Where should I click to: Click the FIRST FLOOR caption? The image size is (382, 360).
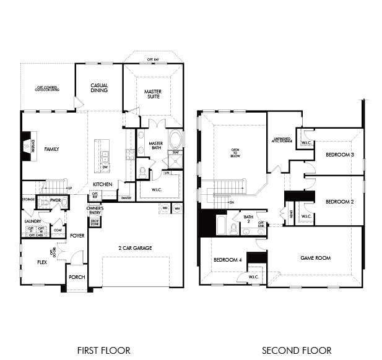103,350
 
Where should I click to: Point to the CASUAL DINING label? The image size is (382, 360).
99,88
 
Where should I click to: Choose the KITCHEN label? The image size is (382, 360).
103,184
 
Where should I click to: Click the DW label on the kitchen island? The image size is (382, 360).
105,167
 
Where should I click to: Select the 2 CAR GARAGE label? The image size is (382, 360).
135,248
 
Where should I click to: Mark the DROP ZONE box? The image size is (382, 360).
95,222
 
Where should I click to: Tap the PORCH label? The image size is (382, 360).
77,277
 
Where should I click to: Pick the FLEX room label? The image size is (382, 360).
42,262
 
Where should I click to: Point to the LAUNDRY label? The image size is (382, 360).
33,221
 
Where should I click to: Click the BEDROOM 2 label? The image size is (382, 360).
339,202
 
